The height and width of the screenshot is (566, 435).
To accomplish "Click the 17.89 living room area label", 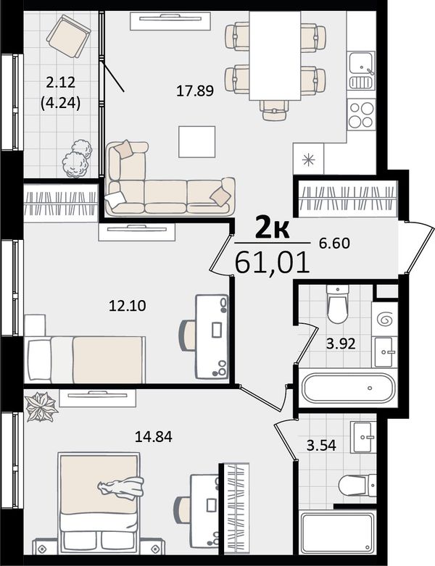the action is (x=195, y=91).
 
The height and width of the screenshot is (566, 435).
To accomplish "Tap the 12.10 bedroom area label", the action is (x=128, y=306).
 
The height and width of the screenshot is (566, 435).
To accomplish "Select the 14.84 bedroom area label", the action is (x=154, y=437).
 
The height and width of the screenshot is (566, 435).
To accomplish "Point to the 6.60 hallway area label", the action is (x=334, y=244).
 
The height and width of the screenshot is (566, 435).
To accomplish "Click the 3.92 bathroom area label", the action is (x=341, y=344).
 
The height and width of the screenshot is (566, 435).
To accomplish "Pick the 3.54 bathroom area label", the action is (x=321, y=445).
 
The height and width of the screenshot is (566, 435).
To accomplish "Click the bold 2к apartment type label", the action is (x=272, y=228).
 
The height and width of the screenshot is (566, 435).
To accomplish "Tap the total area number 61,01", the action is (x=273, y=262).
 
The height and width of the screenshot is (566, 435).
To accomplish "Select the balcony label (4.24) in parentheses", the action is (x=60, y=104).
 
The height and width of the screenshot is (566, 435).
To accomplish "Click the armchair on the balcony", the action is (x=68, y=36).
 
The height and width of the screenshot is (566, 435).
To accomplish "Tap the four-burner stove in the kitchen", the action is (x=361, y=115).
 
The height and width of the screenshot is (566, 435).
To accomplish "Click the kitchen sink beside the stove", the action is (x=361, y=71).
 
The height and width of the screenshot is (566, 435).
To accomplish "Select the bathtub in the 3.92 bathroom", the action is (x=348, y=388).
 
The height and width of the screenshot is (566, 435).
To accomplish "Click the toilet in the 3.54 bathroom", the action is (x=357, y=486).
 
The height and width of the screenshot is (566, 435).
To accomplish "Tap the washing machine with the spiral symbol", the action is (x=384, y=319).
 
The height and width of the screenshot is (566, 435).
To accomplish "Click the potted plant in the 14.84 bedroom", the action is (x=41, y=407).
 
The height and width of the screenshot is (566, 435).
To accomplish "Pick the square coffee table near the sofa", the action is (x=196, y=141).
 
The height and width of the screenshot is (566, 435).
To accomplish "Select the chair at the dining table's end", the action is (x=274, y=109).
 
